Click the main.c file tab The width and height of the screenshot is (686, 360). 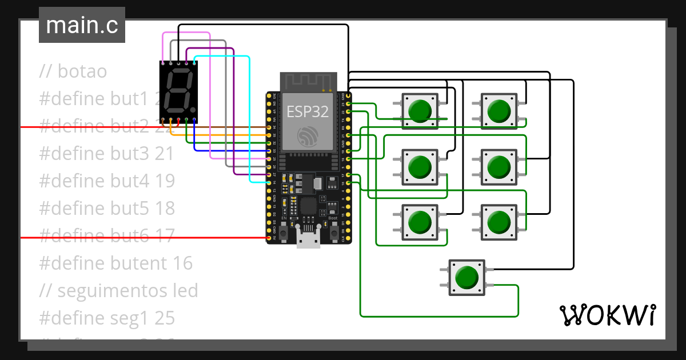pos(82,26)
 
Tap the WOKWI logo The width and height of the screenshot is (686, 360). pos(607,315)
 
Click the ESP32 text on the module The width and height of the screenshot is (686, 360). pos(308,111)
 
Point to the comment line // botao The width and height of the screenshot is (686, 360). pos(73,71)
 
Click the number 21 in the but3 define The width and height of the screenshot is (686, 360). pos(165,154)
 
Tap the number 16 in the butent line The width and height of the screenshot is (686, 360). pos(182,263)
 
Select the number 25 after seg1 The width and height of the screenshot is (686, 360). pos(165,318)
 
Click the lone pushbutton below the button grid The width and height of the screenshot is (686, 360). pos(466,278)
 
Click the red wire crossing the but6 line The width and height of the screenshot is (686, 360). pos(143,237)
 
